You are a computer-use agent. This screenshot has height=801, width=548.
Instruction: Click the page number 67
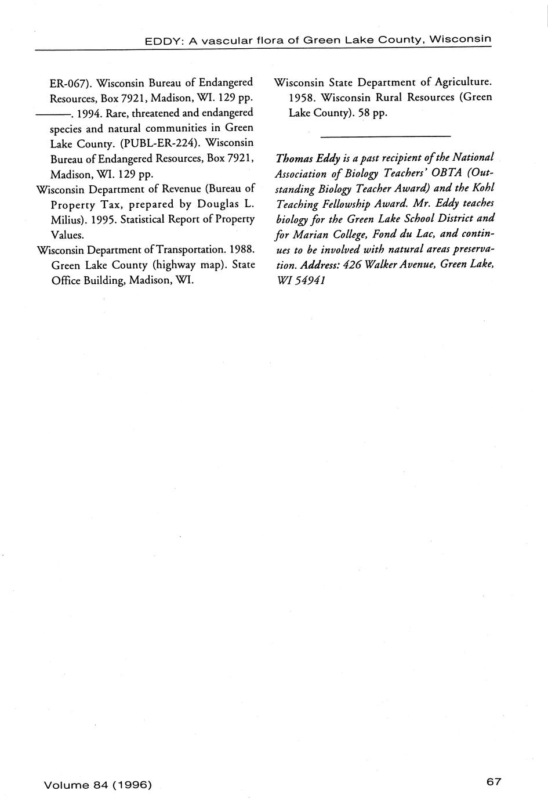(493, 781)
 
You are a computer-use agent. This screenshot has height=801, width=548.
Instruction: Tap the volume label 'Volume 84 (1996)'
(97, 785)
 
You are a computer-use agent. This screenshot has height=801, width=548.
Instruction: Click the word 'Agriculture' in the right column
(459, 82)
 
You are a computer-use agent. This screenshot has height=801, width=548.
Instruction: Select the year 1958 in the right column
(302, 97)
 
